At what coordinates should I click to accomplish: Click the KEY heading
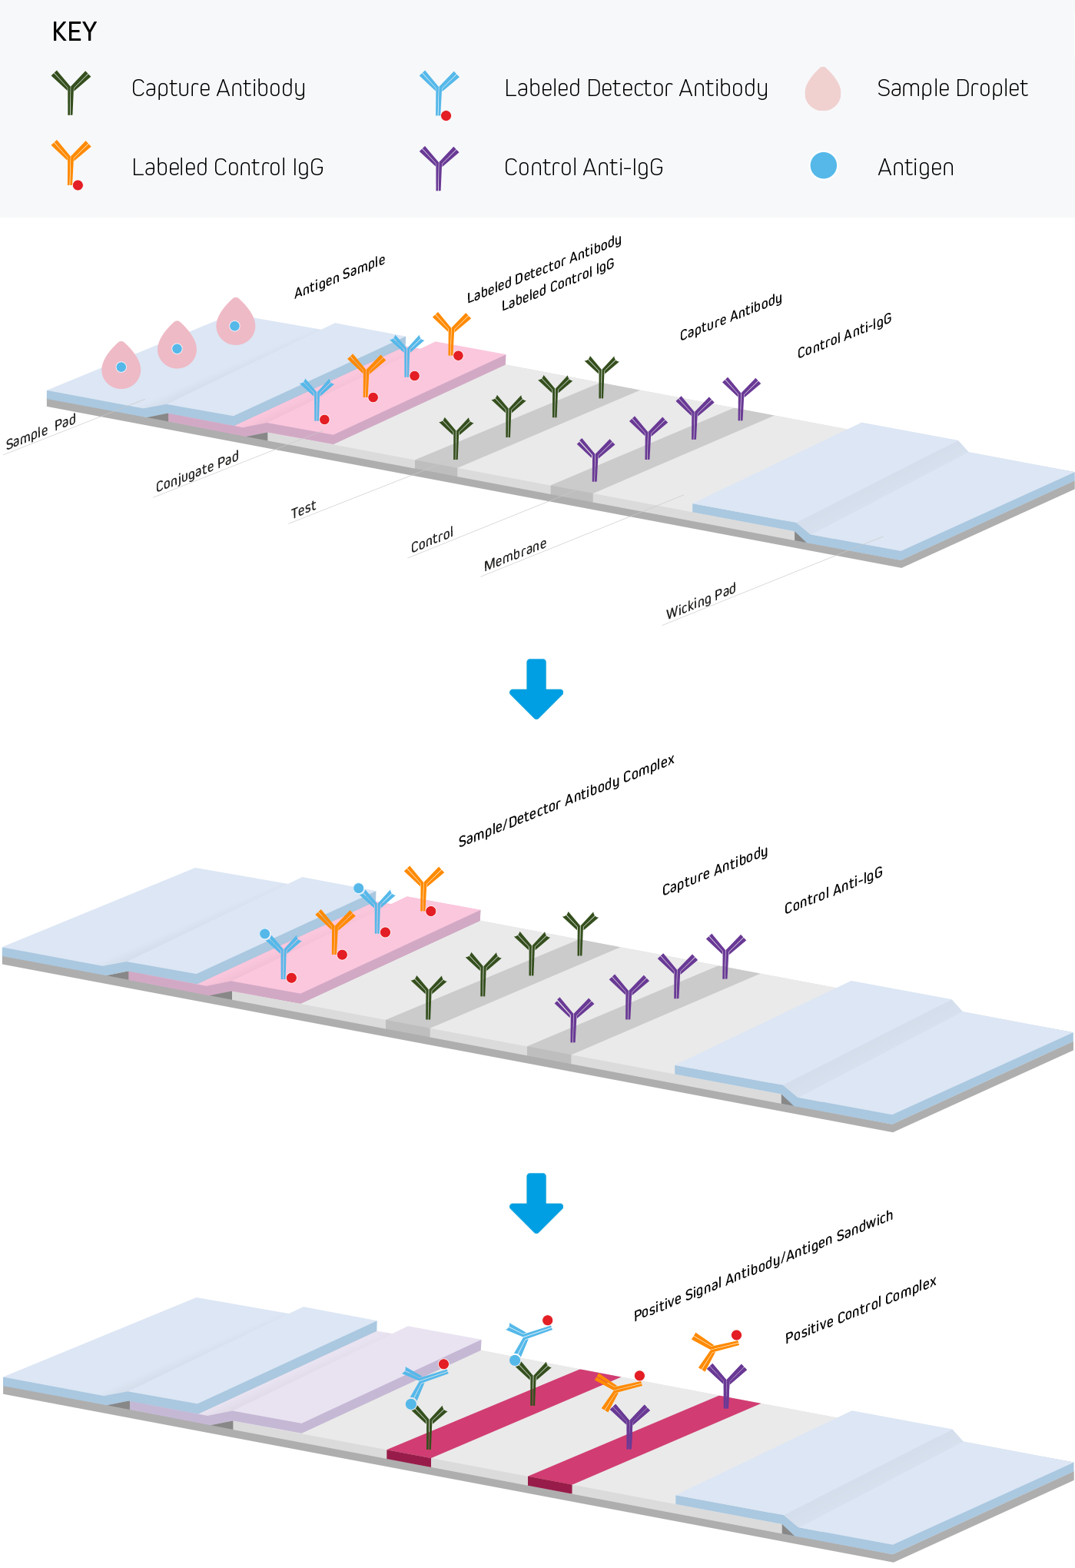click(74, 32)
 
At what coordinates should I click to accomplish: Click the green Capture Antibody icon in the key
click(70, 91)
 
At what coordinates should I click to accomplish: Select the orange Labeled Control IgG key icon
click(71, 163)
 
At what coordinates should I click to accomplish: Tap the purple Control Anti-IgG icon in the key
click(439, 167)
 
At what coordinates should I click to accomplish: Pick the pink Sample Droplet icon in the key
click(823, 89)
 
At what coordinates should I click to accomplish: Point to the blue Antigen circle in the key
click(823, 166)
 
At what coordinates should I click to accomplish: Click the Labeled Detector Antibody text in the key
click(635, 88)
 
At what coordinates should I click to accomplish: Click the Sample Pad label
click(41, 432)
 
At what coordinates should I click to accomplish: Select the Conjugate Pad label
click(197, 471)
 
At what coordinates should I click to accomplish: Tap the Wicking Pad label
click(701, 601)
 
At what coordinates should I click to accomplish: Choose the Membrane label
click(515, 555)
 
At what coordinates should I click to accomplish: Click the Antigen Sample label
click(340, 277)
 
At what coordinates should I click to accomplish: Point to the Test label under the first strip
click(304, 509)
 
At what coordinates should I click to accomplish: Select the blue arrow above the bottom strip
click(536, 1202)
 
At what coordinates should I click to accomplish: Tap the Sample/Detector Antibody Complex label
click(566, 801)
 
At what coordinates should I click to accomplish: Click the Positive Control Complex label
click(861, 1310)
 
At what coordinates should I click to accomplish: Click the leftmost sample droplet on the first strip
click(121, 365)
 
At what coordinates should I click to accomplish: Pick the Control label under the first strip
click(432, 540)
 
